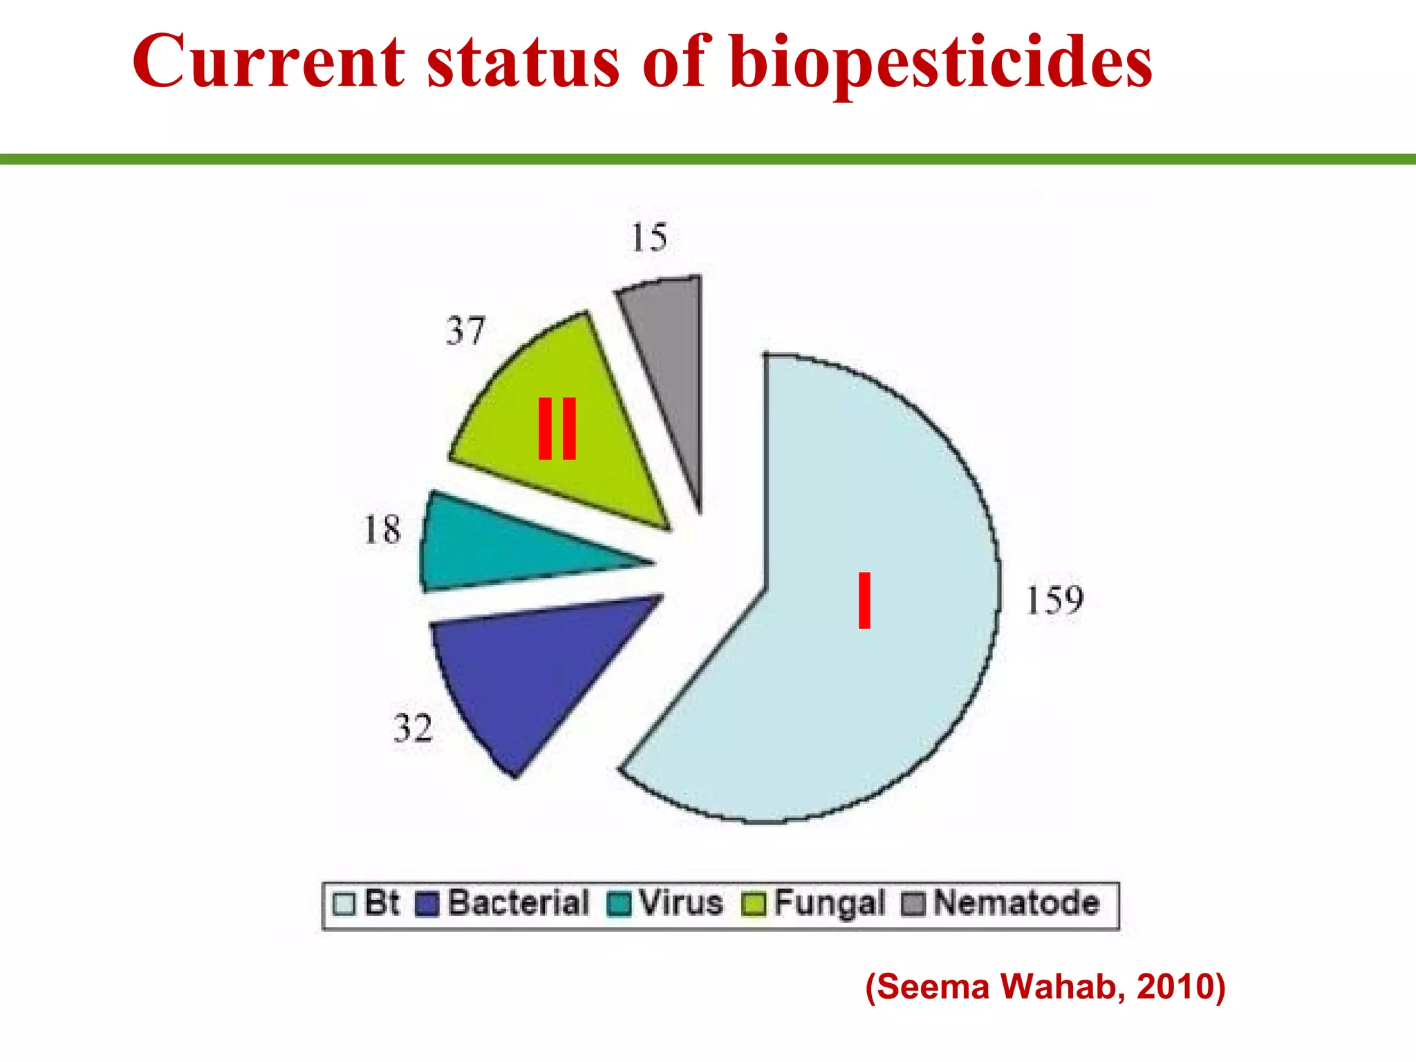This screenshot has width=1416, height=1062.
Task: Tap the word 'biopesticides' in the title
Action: [x=940, y=64]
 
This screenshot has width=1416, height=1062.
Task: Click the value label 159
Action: [x=1053, y=600]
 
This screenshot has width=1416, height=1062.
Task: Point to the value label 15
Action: [x=649, y=238]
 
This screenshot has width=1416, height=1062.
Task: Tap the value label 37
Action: [x=465, y=330]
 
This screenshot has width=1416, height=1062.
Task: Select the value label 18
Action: [x=382, y=530]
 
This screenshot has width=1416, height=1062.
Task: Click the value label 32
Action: [x=413, y=728]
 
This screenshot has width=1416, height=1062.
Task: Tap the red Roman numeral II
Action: [x=557, y=429]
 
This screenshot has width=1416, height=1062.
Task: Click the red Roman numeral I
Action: [x=864, y=600]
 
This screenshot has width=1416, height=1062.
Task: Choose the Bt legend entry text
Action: [x=382, y=904]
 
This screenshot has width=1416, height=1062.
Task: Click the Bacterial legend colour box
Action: [x=427, y=904]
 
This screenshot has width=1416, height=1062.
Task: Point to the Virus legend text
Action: [x=681, y=904]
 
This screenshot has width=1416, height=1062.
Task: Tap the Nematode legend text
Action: [x=1016, y=904]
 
